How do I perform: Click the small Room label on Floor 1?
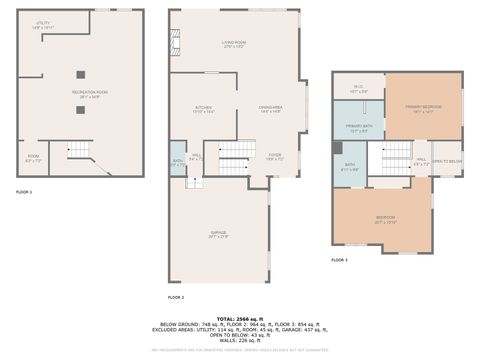(x=33, y=157)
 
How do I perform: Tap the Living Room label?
(x=233, y=44)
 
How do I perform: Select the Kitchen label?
(x=204, y=108)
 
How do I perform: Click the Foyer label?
(x=275, y=156)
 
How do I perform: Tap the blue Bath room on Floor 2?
(x=177, y=162)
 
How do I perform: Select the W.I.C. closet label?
(x=358, y=89)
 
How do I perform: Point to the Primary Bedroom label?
(x=424, y=107)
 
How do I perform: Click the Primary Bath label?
(x=357, y=128)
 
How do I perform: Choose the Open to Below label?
(x=446, y=160)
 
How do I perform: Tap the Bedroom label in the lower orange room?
(x=385, y=219)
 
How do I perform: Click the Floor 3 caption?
(x=340, y=259)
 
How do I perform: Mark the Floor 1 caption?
(x=23, y=191)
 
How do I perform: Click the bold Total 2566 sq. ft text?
(x=239, y=317)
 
